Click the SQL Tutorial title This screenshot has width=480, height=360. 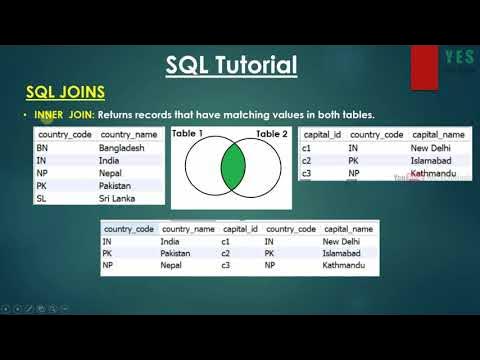click(231, 67)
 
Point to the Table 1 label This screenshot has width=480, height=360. click(188, 133)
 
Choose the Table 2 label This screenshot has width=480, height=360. click(271, 133)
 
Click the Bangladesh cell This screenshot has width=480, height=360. click(124, 147)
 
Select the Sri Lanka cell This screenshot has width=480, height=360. click(118, 198)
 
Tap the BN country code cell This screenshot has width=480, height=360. click(42, 147)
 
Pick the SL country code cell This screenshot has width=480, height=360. click(41, 198)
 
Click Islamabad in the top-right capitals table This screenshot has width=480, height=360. click(433, 159)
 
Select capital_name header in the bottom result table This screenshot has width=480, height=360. click(349, 228)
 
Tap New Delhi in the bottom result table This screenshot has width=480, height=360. click(345, 241)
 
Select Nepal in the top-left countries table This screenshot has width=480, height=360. click(112, 172)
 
